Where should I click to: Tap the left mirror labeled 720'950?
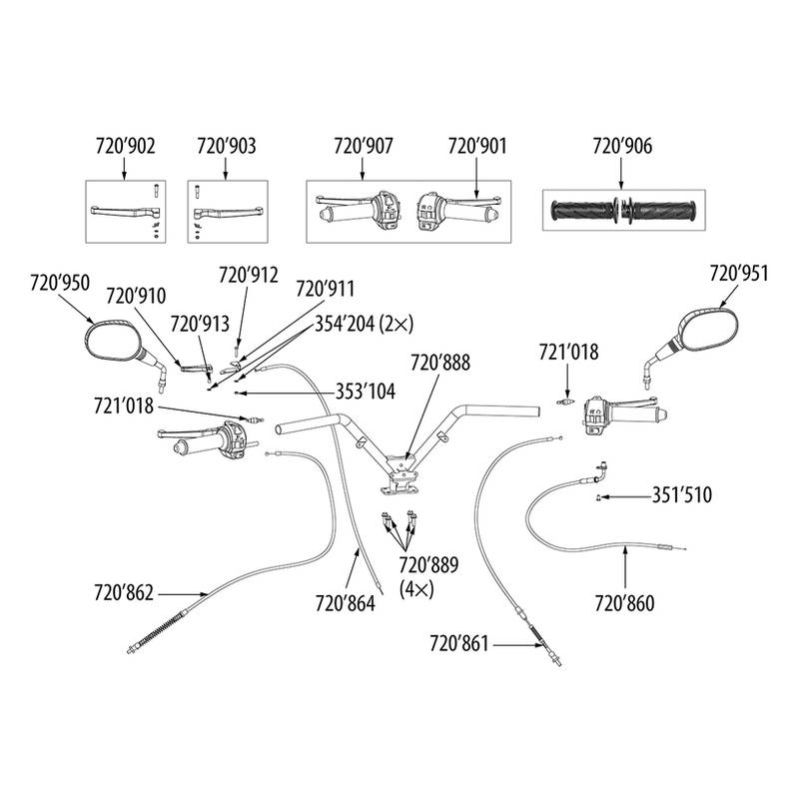tap(116, 340)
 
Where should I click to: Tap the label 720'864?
tap(345, 602)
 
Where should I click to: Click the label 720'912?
tap(249, 275)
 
